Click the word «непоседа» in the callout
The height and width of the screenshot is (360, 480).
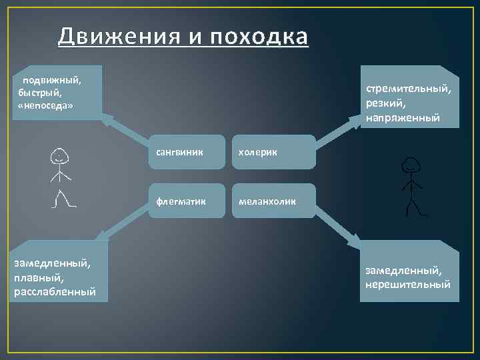point(46,106)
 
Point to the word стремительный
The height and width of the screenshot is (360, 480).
point(408,89)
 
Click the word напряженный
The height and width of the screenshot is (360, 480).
point(402,118)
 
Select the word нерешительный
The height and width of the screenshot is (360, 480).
point(407,285)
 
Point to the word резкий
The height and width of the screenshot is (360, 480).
point(383,104)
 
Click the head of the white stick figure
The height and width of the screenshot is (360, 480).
point(59,157)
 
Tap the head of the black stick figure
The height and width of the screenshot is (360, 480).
point(411,164)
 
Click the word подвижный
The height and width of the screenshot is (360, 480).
point(51,81)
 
